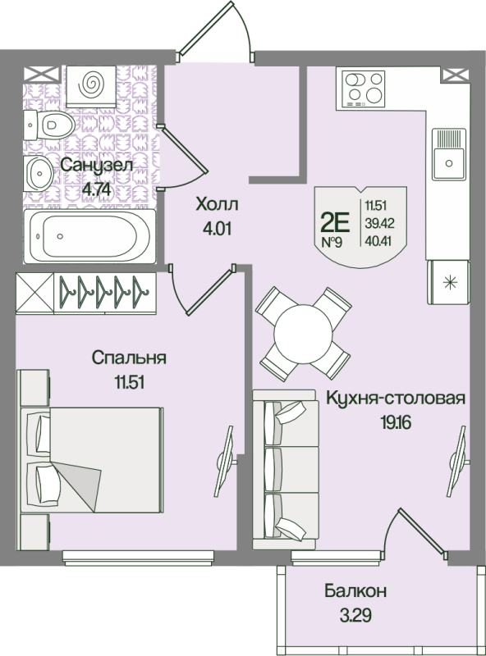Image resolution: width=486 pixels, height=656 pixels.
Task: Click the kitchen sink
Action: click(x=449, y=158)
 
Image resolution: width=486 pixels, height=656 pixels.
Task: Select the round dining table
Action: click(x=304, y=332)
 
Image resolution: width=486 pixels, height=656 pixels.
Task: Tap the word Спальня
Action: click(x=130, y=358)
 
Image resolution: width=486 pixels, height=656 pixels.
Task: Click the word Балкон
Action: click(x=355, y=591)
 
